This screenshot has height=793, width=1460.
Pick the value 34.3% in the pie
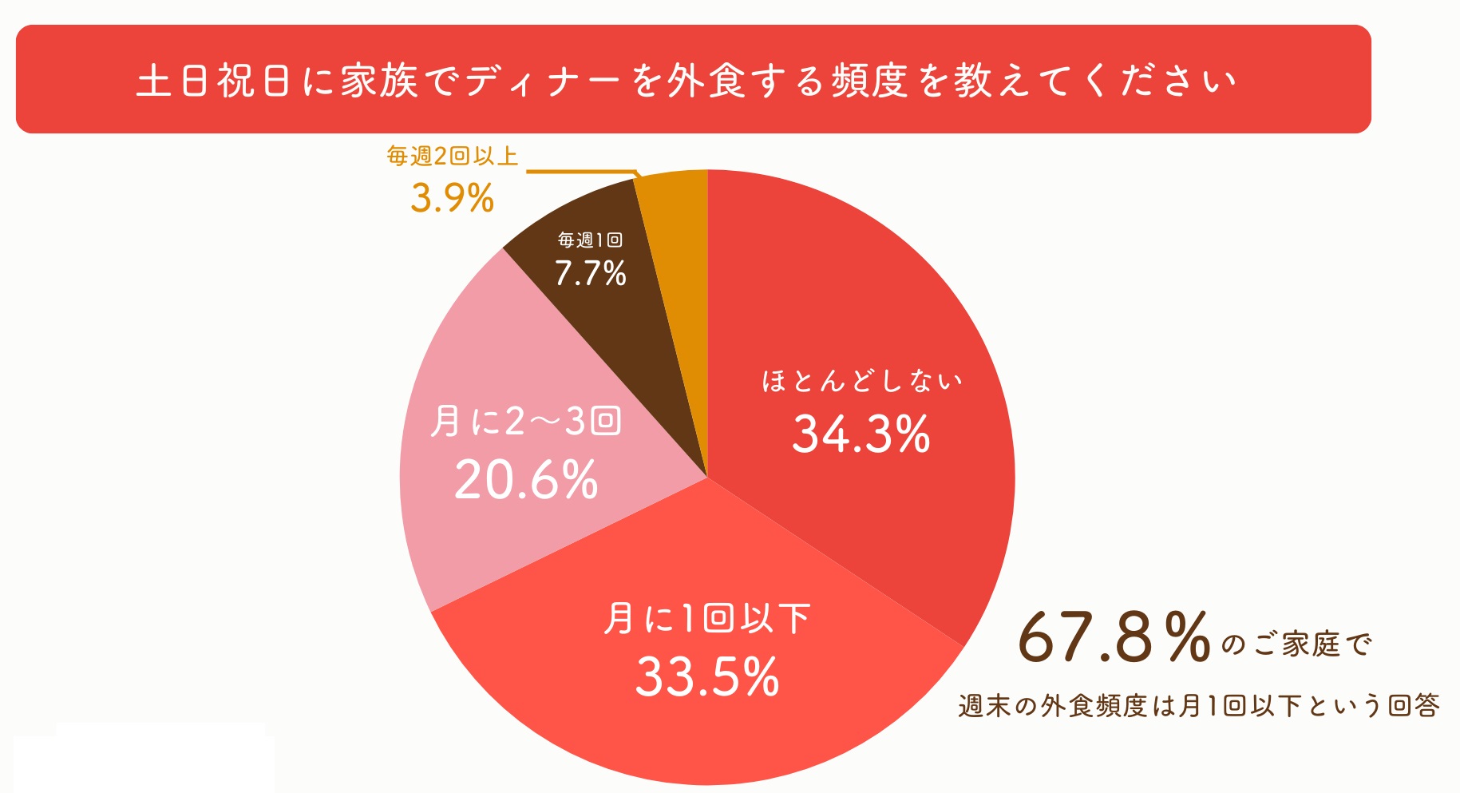[861, 434]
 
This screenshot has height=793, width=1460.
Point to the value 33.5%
[706, 677]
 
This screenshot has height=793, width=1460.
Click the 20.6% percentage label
[526, 480]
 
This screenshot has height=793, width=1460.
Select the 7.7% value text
[590, 274]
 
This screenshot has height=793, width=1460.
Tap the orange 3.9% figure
[452, 198]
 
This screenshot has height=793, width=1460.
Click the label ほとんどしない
[861, 381]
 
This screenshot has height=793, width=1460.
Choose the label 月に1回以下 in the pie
[706, 619]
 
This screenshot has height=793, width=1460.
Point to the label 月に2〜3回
[526, 421]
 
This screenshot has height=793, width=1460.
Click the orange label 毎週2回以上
[452, 156]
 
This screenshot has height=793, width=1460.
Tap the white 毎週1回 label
[590, 240]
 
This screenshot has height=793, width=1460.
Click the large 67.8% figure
[1114, 637]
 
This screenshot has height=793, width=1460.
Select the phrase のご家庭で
[1296, 644]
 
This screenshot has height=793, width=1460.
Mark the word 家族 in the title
[379, 81]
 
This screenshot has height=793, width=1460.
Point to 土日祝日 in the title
[213, 81]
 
